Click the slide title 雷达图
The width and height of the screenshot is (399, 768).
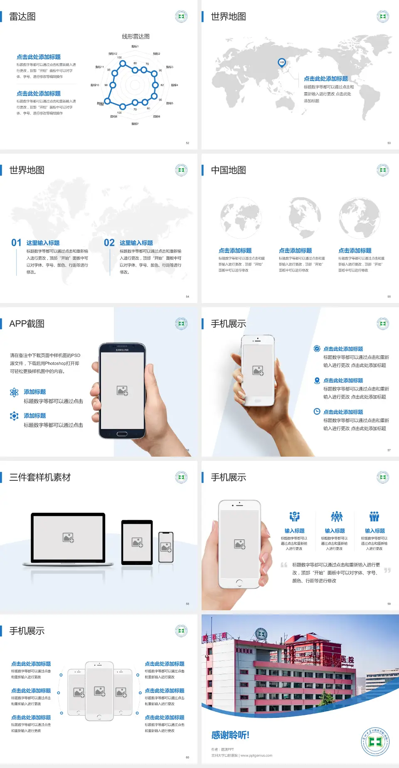tap(22, 17)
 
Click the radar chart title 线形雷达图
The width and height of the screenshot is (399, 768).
tap(135, 37)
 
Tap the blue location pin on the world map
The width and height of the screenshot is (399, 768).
tap(282, 63)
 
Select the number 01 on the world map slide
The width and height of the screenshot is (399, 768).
tap(16, 243)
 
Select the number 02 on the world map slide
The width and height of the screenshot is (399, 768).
tap(109, 243)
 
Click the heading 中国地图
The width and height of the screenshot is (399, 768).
tap(228, 170)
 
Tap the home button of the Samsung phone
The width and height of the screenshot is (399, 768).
tap(122, 434)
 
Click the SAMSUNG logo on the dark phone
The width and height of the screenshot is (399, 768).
tap(122, 350)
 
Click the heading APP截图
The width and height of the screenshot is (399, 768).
tap(27, 324)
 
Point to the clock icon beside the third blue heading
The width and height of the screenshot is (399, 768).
tap(317, 411)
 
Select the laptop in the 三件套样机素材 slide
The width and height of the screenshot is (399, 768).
tap(68, 539)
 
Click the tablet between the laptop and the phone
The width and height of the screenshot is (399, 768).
tap(137, 542)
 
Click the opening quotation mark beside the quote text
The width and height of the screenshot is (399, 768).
tap(284, 565)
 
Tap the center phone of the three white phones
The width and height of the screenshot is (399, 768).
tap(99, 691)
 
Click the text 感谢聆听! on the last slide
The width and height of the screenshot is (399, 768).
tap(230, 735)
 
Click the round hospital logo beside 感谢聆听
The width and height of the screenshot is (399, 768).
tap(375, 741)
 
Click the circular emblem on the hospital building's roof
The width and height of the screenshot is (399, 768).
tap(261, 634)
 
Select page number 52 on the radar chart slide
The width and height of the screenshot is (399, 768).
tap(187, 143)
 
